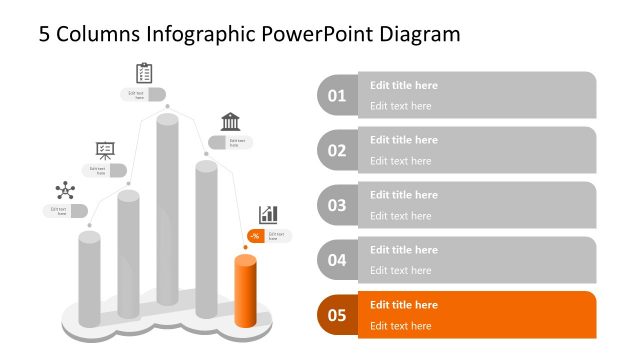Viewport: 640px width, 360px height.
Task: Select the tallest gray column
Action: point(168,220)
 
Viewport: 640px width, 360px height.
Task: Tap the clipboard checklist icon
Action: point(144,73)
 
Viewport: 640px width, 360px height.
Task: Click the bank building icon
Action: point(230,121)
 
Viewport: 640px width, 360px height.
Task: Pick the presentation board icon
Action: point(105,150)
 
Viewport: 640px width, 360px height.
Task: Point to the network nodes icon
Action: point(65,190)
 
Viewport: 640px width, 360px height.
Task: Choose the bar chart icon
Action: point(268,214)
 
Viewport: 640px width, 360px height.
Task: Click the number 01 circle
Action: point(337,96)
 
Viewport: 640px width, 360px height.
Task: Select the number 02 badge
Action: point(337,151)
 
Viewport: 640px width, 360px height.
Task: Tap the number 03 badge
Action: point(337,206)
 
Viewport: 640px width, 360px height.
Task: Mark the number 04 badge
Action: point(337,261)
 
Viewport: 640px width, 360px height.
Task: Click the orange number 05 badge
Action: point(337,316)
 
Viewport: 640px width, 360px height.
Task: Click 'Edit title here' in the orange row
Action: point(404,305)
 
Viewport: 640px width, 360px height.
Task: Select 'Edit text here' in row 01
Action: point(401,106)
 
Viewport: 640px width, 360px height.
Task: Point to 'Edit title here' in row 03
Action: point(404,195)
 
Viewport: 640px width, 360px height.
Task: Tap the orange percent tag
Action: point(255,236)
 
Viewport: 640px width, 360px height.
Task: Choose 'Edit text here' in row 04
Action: point(401,271)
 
